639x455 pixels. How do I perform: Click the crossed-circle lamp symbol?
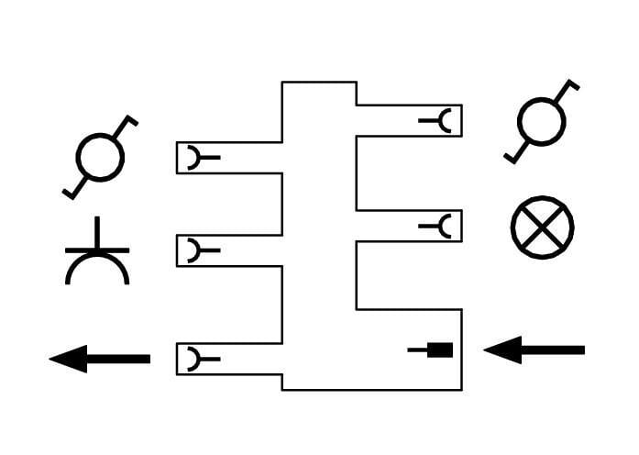(542, 227)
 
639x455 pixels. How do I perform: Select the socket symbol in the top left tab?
(195, 158)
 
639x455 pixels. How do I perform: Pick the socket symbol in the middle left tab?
(195, 250)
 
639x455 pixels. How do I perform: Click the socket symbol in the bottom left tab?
(195, 359)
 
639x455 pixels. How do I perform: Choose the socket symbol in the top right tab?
(443, 120)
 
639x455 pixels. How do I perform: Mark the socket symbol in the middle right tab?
(443, 226)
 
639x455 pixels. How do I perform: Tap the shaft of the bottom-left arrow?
(119, 359)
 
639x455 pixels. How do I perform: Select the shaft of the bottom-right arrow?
(554, 350)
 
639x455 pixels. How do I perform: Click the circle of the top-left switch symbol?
(99, 157)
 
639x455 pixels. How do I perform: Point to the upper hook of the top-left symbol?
(129, 120)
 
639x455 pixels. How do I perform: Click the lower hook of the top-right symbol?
(512, 157)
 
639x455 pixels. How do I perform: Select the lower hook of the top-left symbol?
(70, 192)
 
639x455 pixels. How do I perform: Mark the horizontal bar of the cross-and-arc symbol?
(97, 250)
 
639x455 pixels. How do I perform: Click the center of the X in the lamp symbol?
(542, 227)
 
